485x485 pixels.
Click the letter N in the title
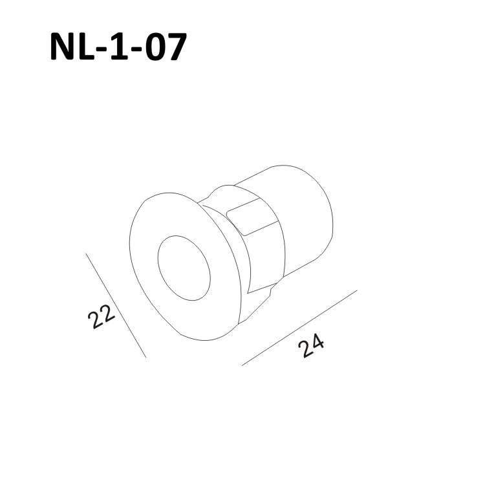coord(62,47)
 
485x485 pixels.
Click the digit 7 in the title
coord(177,47)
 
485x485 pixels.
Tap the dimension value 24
coord(311,345)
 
